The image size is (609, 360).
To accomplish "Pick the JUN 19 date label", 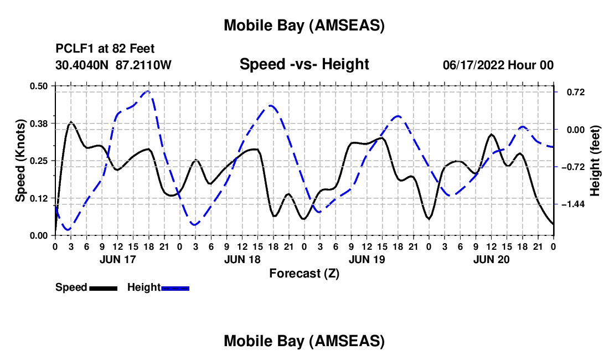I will [367, 259].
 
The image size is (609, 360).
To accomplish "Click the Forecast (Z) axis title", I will [304, 273].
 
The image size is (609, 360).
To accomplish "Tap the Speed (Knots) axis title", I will [20, 160].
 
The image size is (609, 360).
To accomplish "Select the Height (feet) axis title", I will [595, 160].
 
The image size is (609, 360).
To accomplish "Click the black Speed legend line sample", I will [103, 287].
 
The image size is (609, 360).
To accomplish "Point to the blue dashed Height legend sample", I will [176, 287].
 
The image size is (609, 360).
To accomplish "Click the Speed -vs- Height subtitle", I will [304, 64].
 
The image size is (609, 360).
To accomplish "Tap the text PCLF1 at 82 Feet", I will [105, 48].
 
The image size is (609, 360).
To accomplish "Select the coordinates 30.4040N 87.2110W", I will [113, 65].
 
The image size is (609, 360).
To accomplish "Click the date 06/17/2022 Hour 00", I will [498, 65].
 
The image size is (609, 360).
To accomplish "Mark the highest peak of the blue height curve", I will [147, 91].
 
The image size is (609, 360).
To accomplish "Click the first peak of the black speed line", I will [71, 122].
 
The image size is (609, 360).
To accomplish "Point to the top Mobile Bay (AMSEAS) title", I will [304, 25].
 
